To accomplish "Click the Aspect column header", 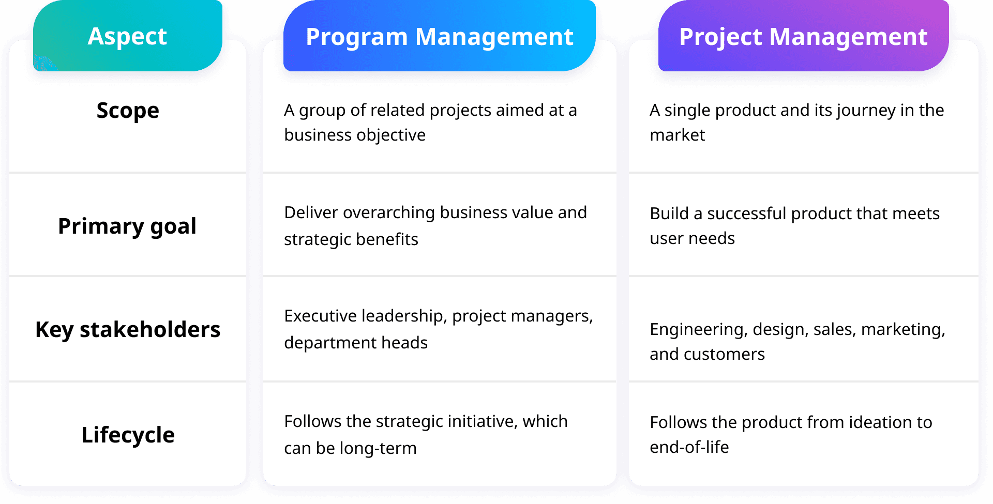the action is (127, 36).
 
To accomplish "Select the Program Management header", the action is (440, 36).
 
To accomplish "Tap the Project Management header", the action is (803, 36).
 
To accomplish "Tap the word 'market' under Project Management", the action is (678, 135).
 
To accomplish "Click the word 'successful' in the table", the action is (747, 213).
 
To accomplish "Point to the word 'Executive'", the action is (321, 316).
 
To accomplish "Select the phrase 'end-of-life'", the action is (689, 447).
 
